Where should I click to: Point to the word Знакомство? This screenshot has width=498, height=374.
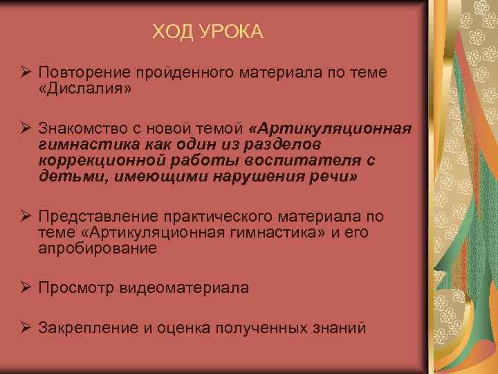click(x=83, y=129)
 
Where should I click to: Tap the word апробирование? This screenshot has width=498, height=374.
click(x=98, y=248)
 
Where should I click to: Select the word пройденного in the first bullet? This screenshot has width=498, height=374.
click(x=174, y=73)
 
